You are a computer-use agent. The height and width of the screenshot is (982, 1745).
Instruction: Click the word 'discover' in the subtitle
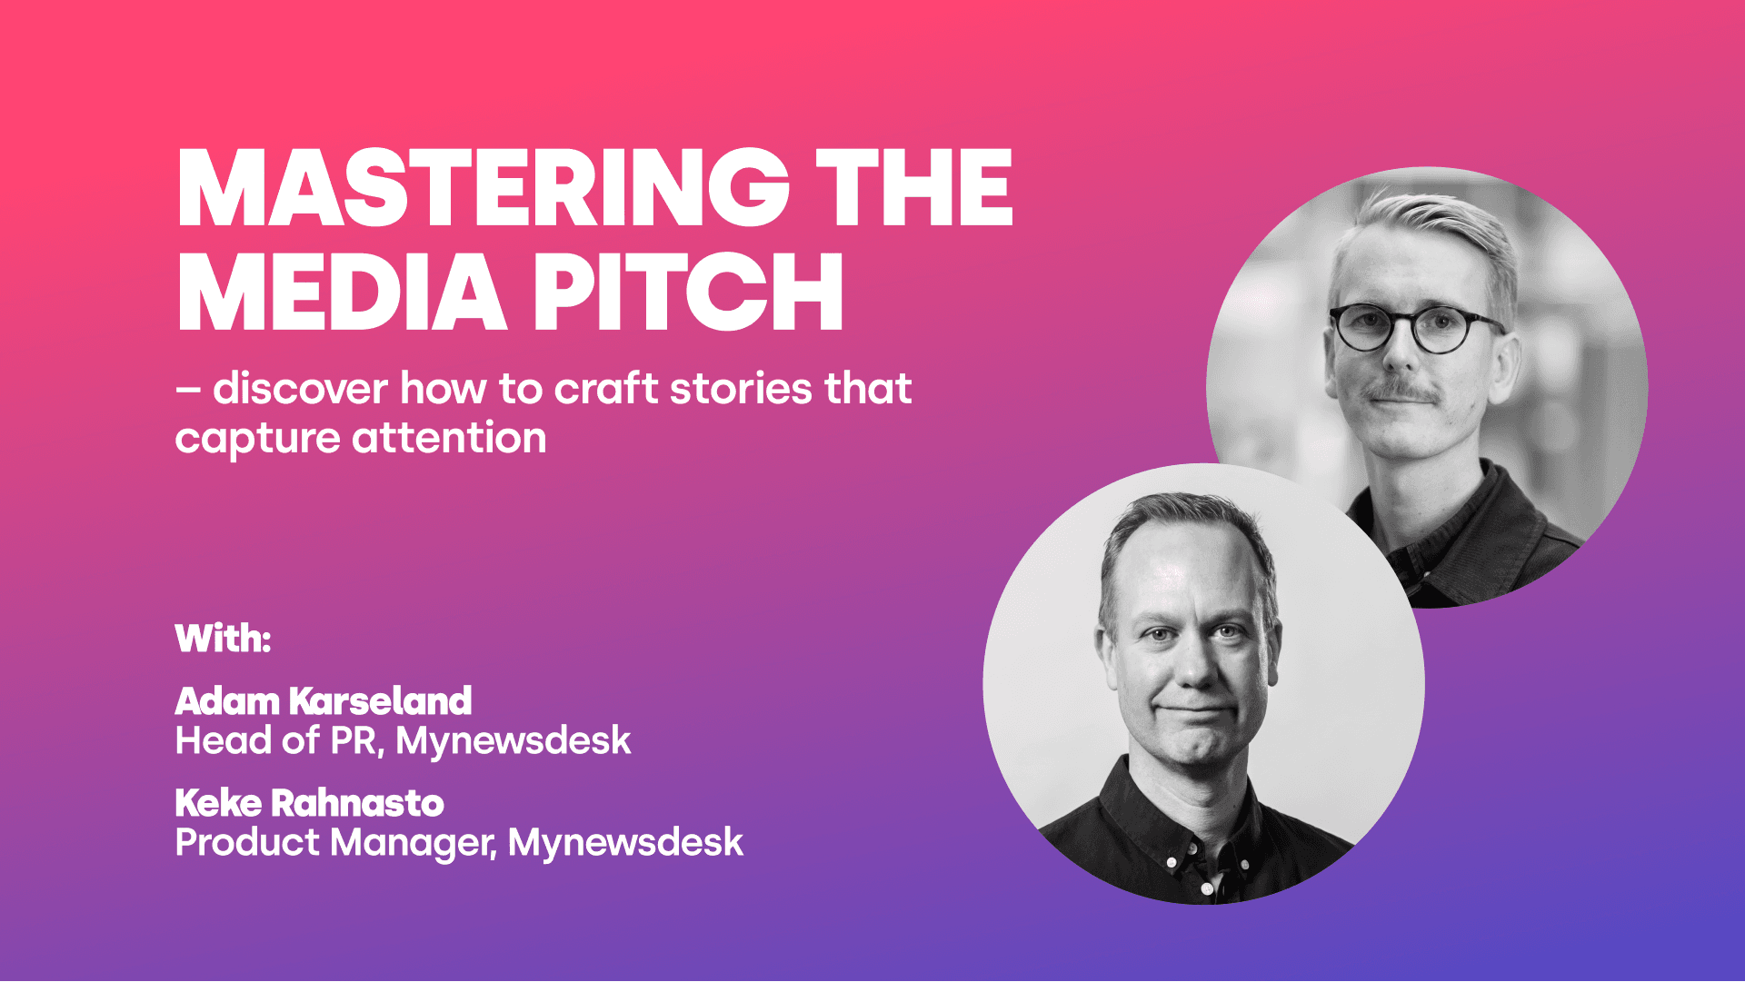300,389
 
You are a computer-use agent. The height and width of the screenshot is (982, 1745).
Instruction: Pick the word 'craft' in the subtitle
606,389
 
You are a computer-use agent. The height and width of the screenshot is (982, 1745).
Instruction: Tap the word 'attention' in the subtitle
449,439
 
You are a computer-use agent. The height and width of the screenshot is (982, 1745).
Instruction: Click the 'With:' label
223,638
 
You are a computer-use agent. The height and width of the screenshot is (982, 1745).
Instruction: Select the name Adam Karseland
324,700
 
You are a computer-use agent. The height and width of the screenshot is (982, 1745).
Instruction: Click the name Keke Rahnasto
309,803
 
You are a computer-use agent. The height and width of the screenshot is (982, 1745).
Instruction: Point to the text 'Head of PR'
275,741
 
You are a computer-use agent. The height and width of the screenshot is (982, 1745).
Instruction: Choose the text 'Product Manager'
334,843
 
